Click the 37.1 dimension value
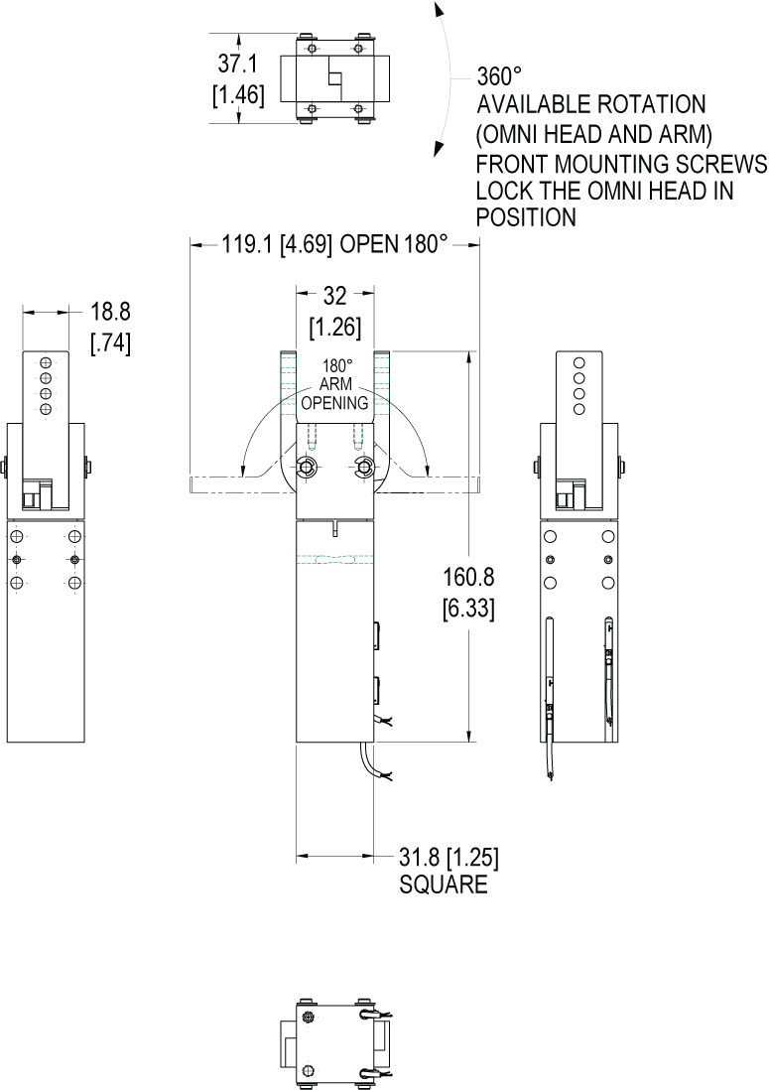[x=237, y=64]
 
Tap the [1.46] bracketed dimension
[x=238, y=94]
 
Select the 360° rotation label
[x=498, y=75]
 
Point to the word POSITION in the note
[x=526, y=217]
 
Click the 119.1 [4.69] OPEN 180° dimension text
[x=334, y=244]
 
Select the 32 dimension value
[x=334, y=296]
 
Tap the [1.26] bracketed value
[x=335, y=327]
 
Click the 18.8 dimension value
[x=110, y=312]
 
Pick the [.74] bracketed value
[x=110, y=342]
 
